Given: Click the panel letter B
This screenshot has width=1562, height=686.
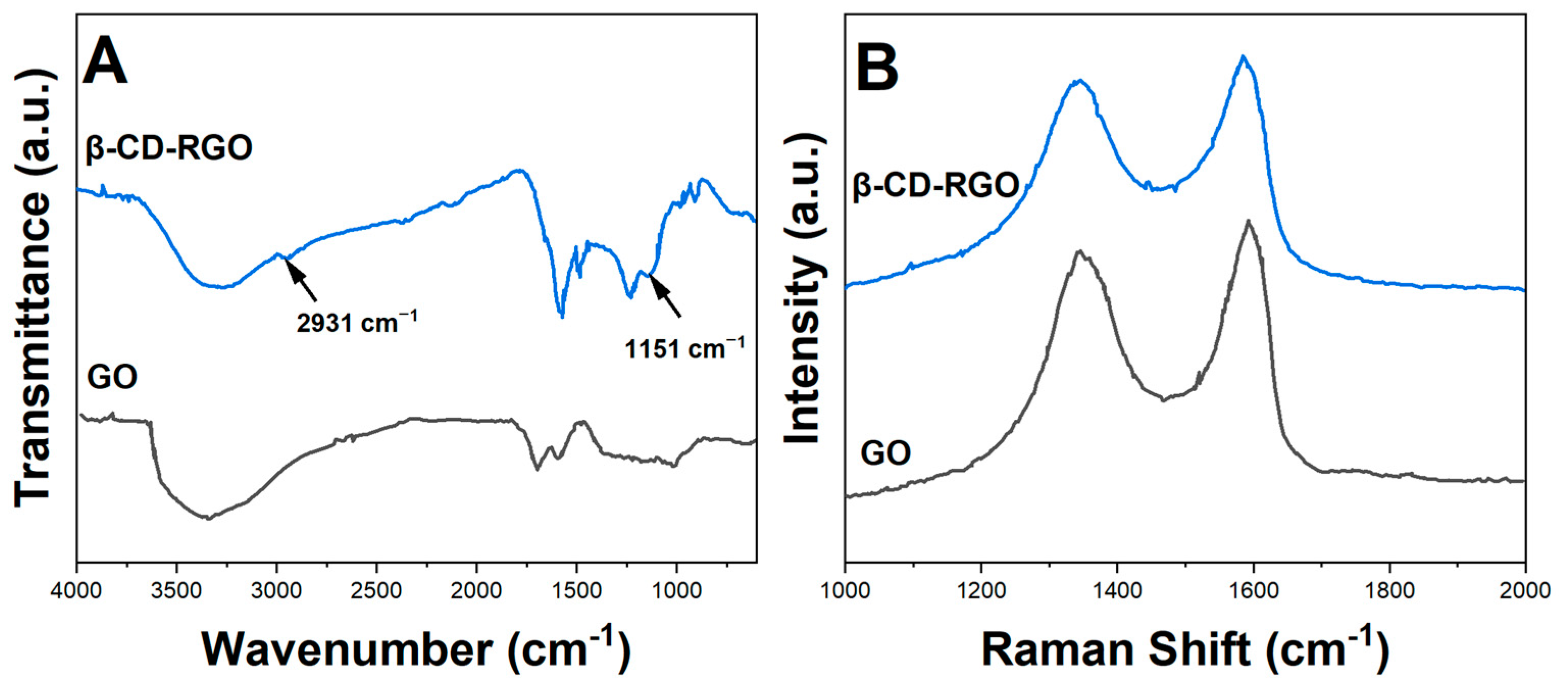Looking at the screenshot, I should coord(877,70).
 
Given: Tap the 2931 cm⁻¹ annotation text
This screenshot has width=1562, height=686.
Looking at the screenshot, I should coord(356,322).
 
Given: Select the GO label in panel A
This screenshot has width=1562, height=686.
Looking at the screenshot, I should coord(112,377).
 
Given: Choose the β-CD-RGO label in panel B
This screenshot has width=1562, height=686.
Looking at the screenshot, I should coord(936,185).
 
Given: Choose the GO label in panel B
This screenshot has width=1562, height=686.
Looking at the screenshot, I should coord(885,452).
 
